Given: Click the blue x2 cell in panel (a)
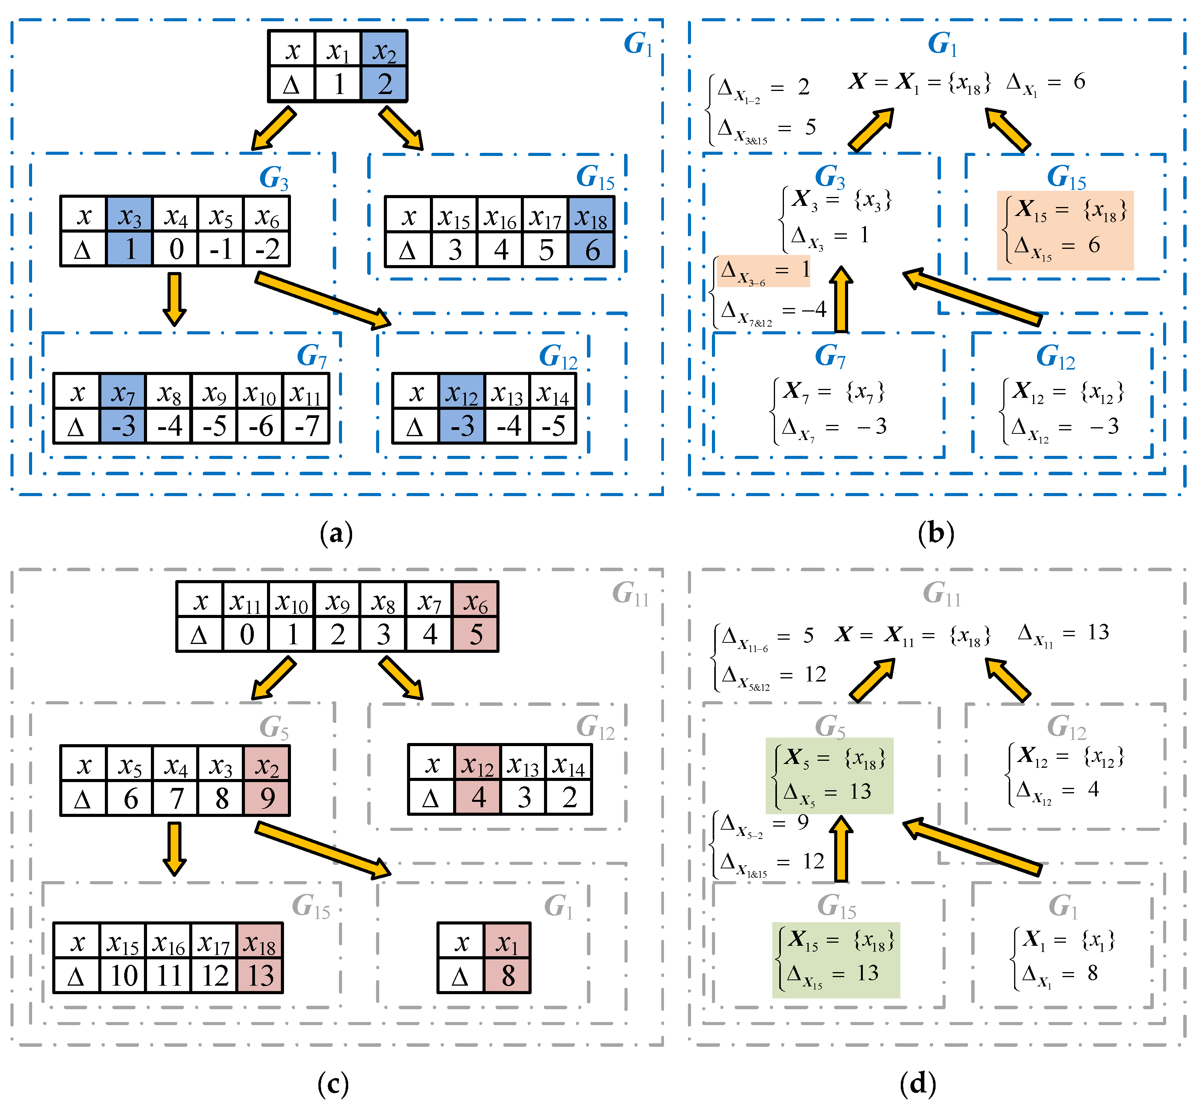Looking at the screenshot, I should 384,49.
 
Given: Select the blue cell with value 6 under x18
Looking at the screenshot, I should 591,249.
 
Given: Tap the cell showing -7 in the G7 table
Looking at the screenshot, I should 306,426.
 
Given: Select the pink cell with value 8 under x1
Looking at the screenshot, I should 508,976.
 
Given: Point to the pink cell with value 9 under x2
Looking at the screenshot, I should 267,798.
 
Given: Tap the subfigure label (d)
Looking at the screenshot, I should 917,1083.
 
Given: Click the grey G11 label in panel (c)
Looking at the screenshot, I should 630,594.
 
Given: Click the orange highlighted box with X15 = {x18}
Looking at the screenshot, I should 1065,230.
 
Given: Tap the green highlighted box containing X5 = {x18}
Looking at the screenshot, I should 830,776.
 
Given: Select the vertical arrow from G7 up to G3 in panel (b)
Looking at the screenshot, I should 842,299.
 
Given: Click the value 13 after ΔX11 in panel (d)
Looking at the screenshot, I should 1098,632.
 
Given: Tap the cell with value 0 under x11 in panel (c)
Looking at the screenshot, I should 246,634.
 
